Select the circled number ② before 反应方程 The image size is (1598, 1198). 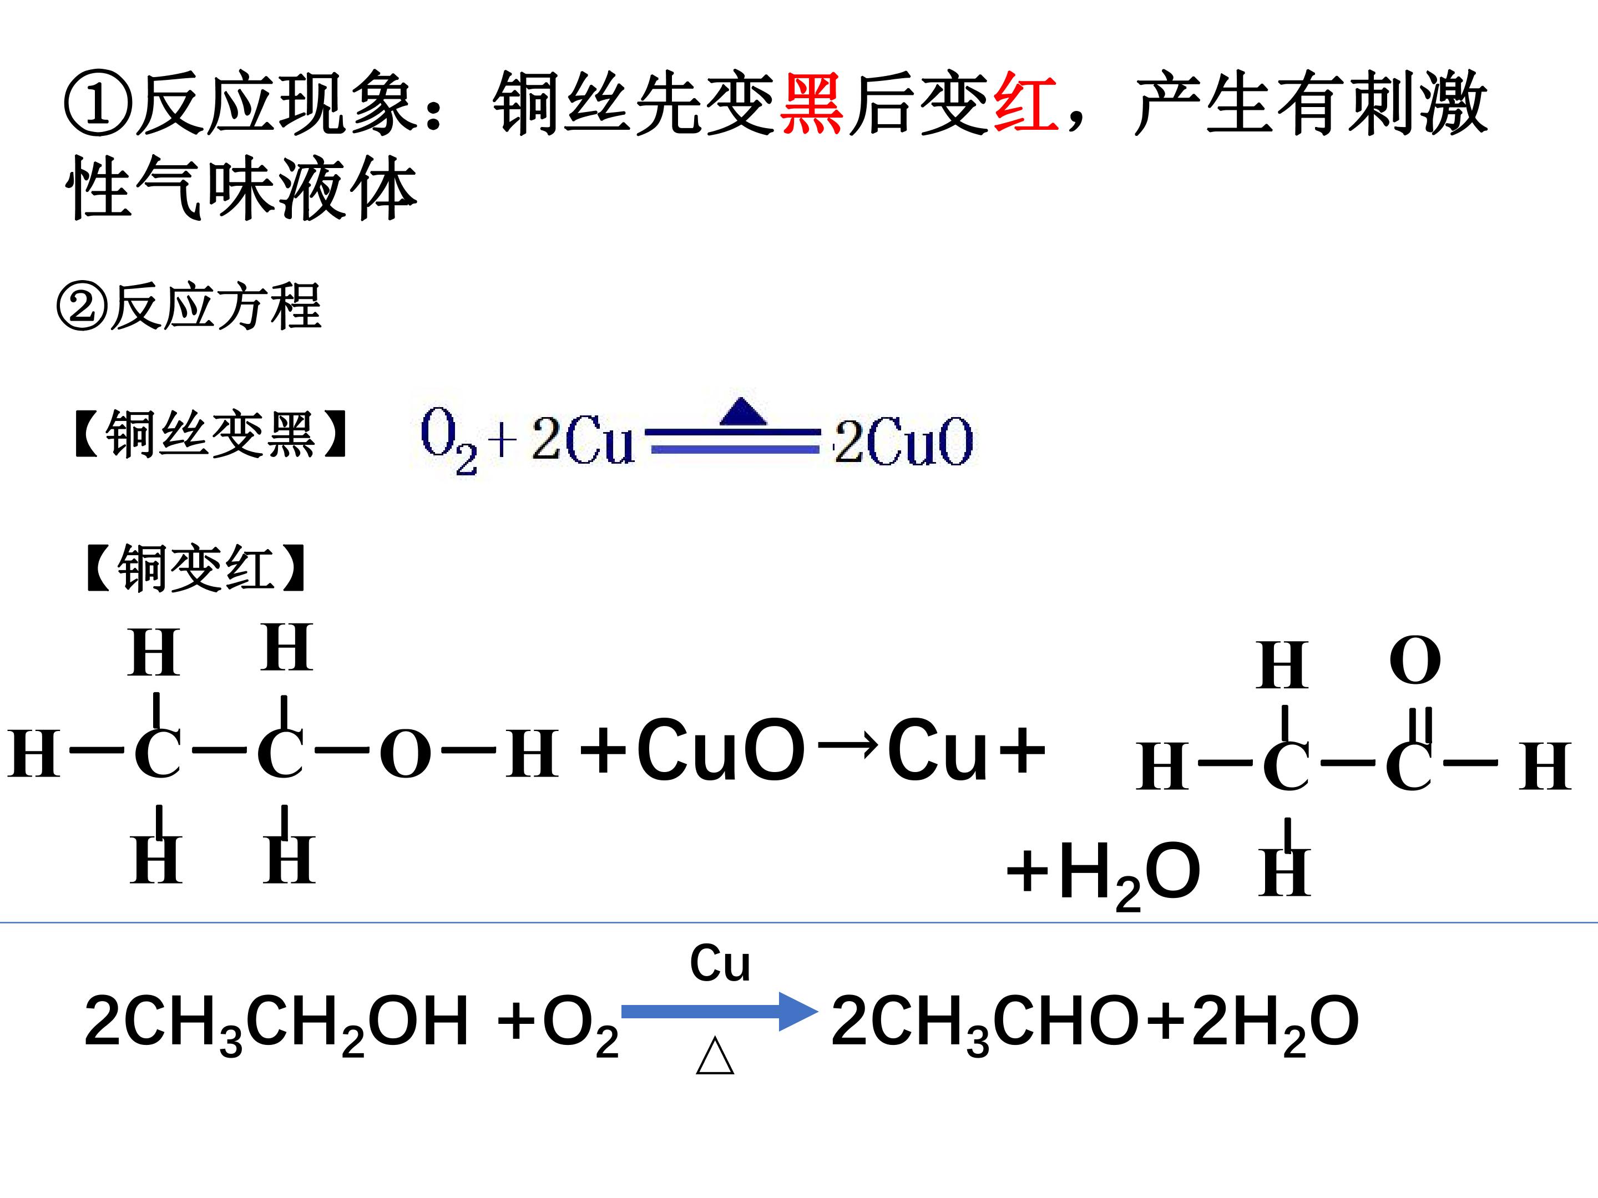coord(82,307)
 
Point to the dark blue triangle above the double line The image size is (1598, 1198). coord(742,412)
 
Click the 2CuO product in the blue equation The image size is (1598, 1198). coord(903,441)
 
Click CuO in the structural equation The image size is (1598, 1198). coord(720,750)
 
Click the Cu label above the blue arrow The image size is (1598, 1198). coord(720,963)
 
